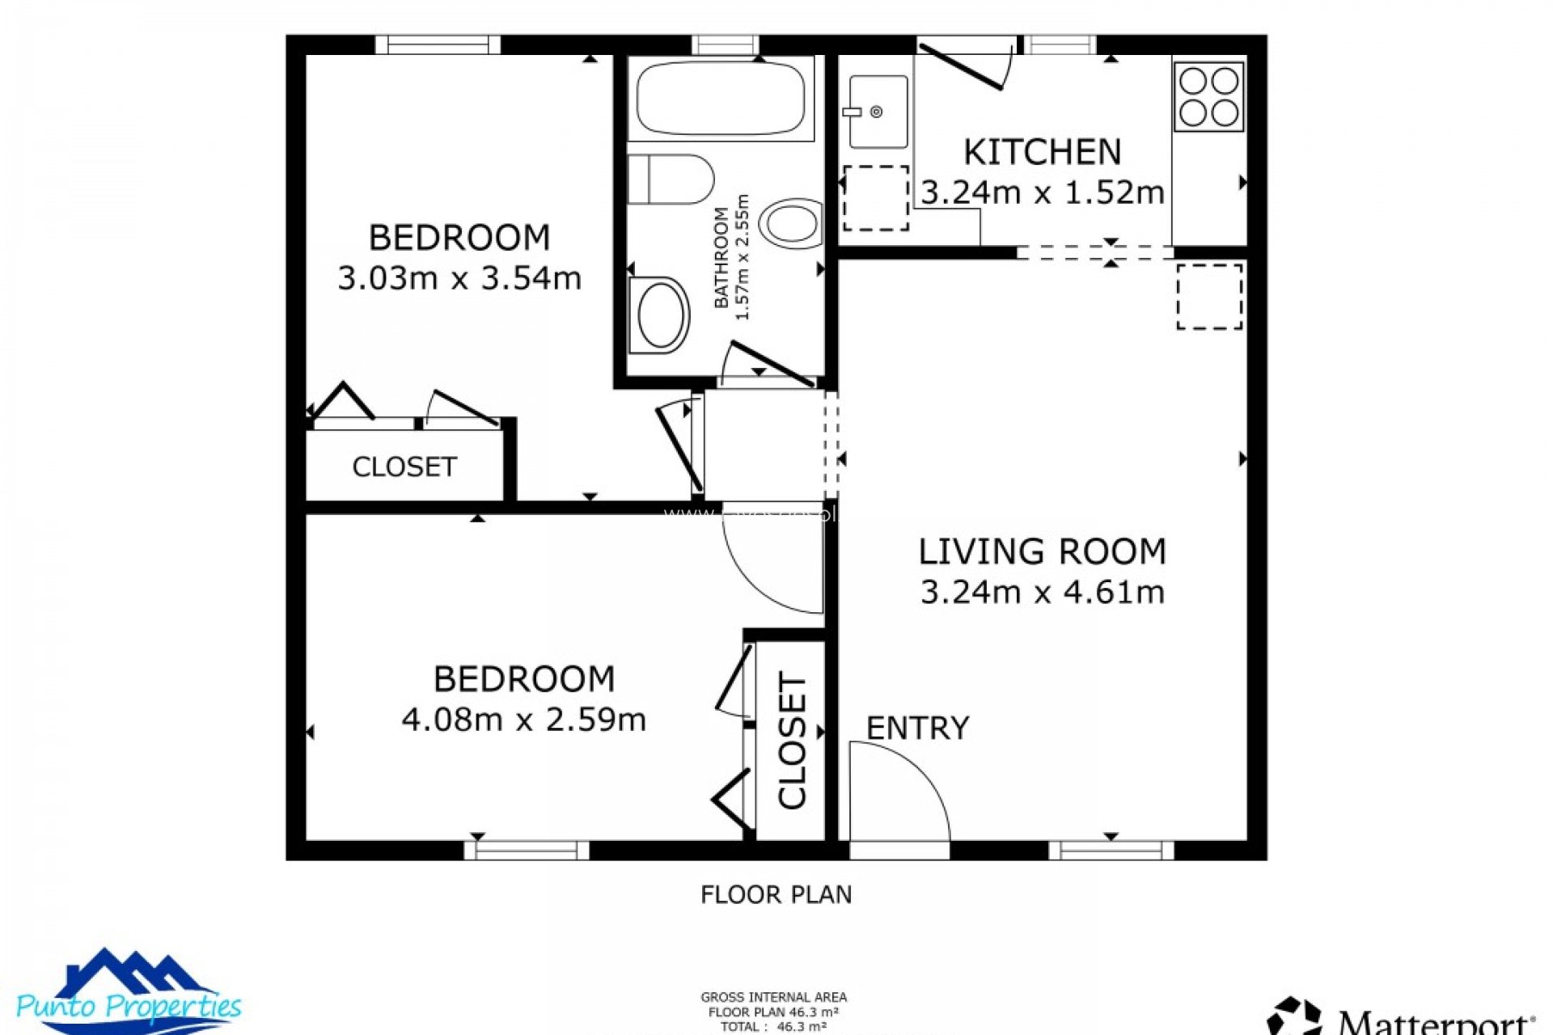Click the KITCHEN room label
coord(1042,152)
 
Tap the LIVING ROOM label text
coord(1042,551)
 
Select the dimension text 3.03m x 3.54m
coord(459,278)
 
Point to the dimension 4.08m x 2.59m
coord(523,720)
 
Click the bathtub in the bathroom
coord(721,99)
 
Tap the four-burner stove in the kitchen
coord(1208,97)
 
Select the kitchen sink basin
coord(878,112)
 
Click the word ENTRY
coord(917,729)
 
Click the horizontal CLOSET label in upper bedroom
coord(404,467)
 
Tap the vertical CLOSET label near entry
coord(793,740)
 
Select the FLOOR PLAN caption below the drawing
coord(776,894)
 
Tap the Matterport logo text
coord(1432,1020)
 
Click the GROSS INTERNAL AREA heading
coord(773,998)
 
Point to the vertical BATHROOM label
coord(721,257)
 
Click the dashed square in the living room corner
coord(1209,296)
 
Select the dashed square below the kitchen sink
coord(876,198)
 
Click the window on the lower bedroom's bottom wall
coord(527,850)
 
